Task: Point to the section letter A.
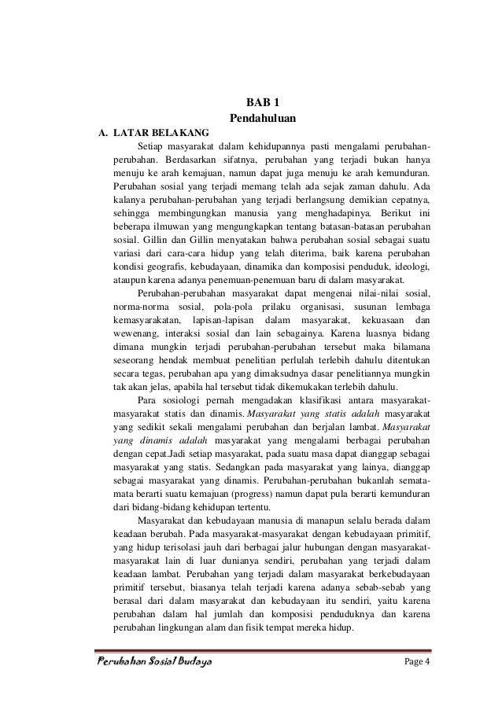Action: point(102,133)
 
